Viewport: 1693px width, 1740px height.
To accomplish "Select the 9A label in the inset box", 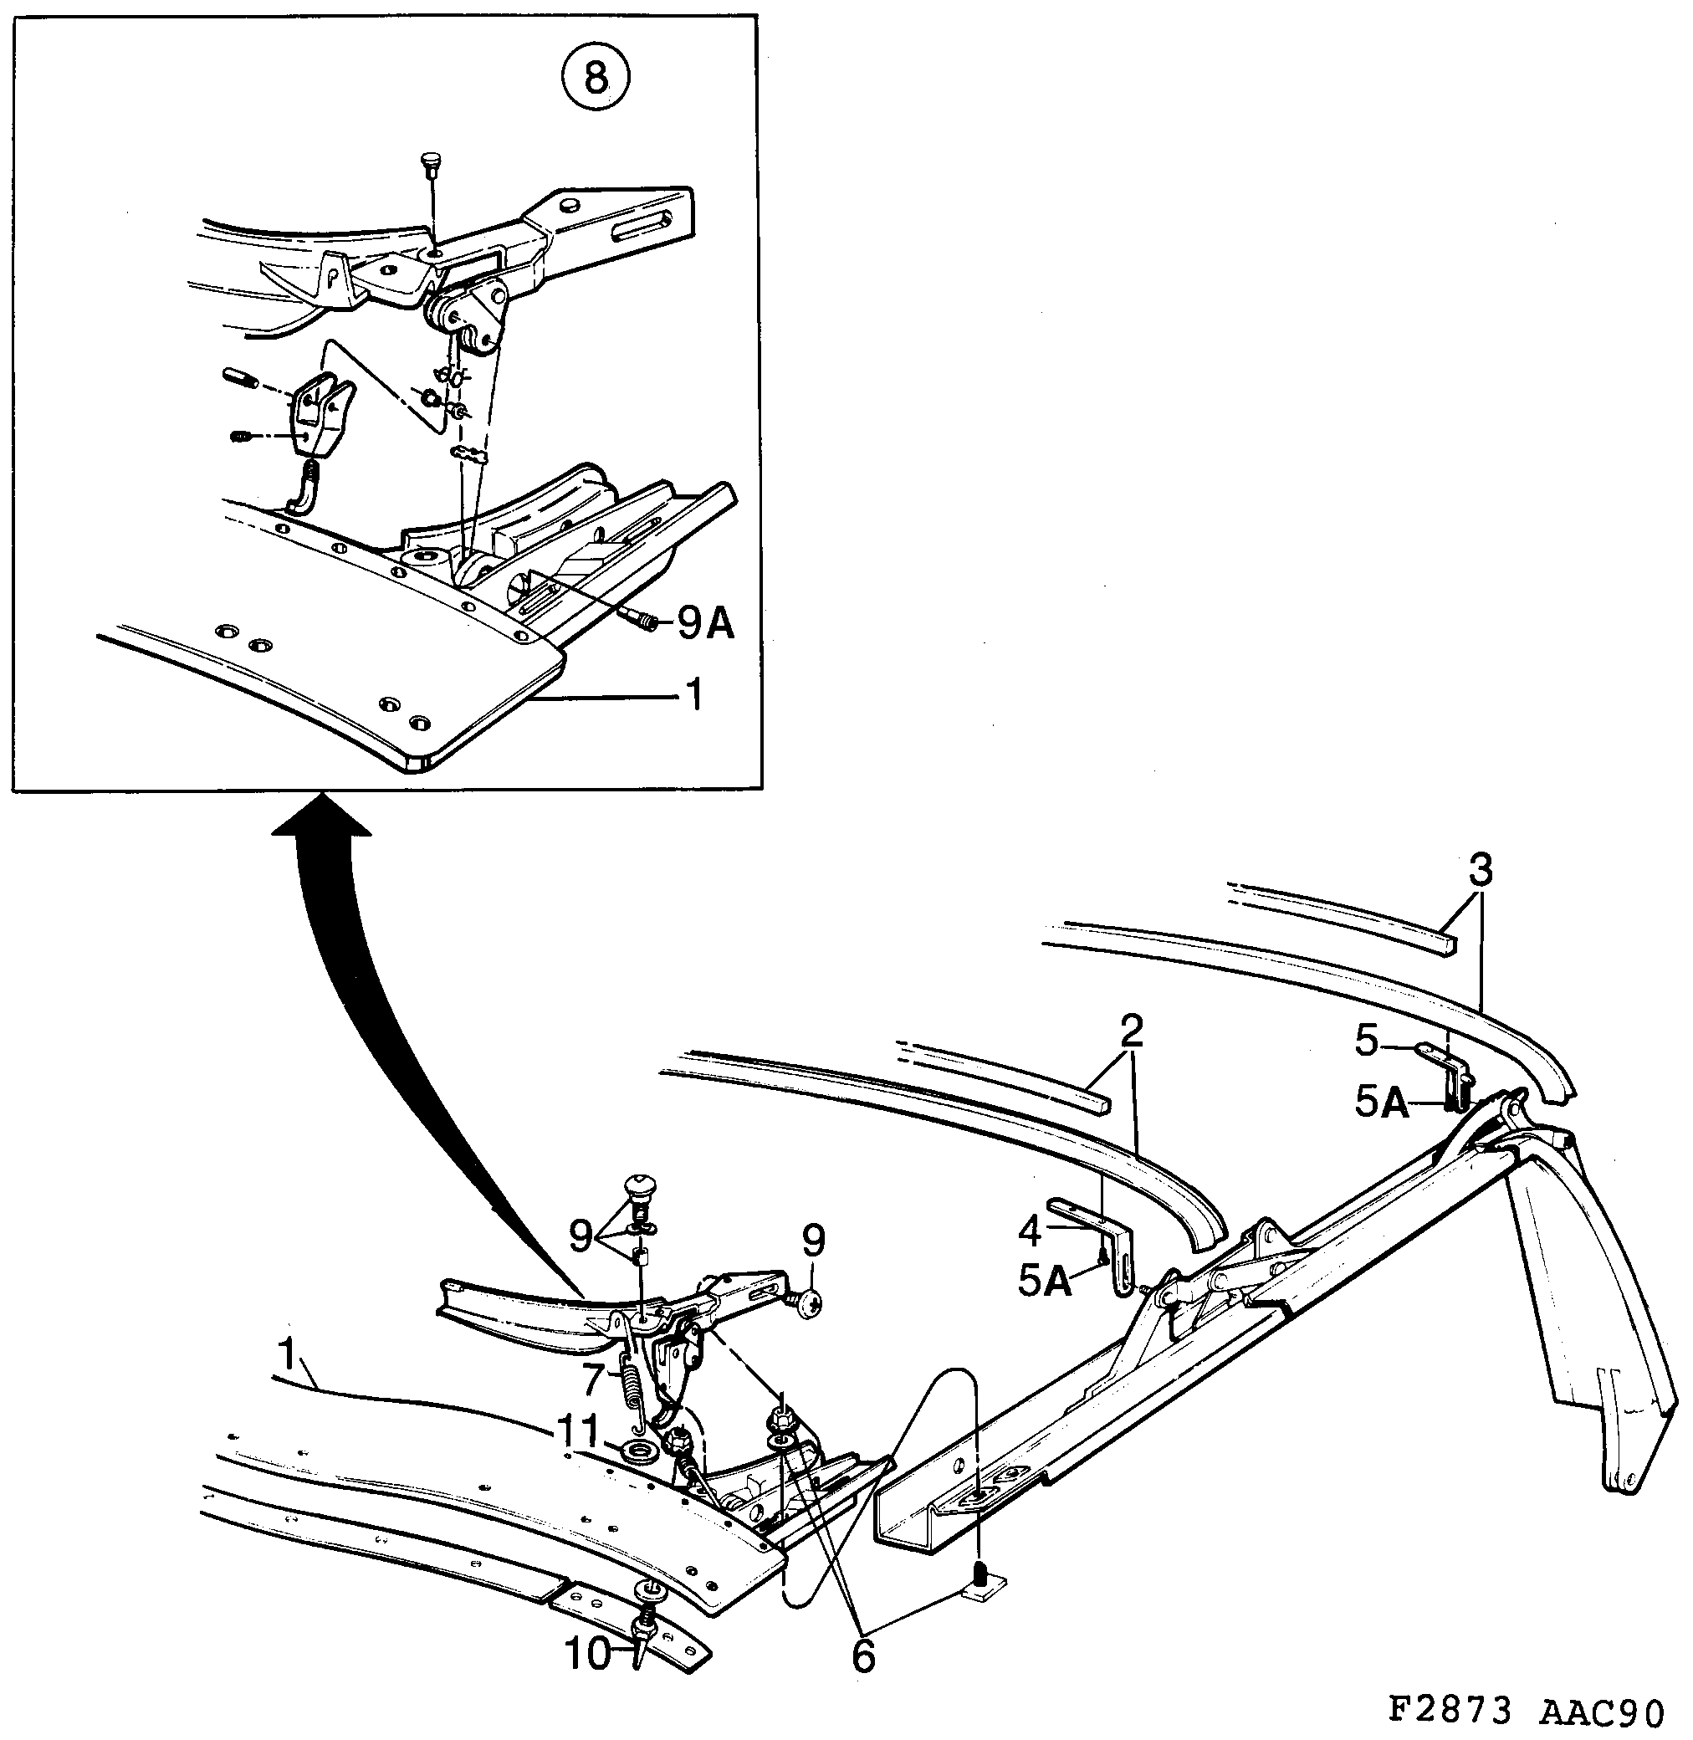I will click(707, 625).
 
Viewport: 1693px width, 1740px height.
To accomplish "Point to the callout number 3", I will click(1480, 873).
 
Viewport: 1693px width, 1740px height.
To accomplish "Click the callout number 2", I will click(1131, 1031).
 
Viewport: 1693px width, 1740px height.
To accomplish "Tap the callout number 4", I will click(1029, 1231).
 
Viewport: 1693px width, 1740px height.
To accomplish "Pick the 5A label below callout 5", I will click(1381, 1104).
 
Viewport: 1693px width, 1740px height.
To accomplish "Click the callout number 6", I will click(863, 1656).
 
